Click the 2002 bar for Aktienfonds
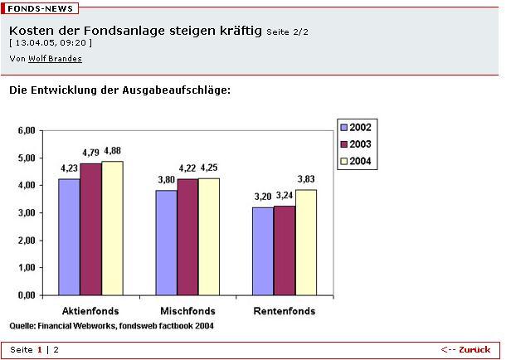pos(69,236)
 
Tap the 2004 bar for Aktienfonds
pos(112,227)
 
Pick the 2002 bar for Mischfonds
pos(166,242)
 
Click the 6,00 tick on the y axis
pos(26,130)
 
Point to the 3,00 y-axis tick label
pos(26,212)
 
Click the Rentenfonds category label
pos(284,311)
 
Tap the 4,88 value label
pos(112,150)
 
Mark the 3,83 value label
pos(307,179)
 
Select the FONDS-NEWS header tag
pos(41,8)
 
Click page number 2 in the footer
pos(56,349)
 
